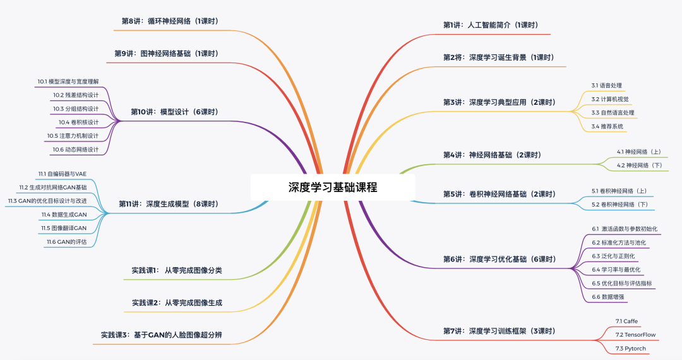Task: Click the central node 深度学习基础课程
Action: coord(333,188)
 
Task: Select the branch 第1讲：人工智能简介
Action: coord(490,25)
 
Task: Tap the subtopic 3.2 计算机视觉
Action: coord(609,99)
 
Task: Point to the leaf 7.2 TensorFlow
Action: coord(635,334)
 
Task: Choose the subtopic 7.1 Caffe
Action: coord(626,321)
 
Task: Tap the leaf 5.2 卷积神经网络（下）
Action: coord(619,205)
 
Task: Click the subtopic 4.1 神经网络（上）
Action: coord(639,152)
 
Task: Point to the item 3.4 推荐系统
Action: coord(607,126)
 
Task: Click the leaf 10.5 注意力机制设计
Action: coord(73,136)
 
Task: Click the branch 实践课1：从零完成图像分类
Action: coord(177,270)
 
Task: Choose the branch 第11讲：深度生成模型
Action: coord(168,204)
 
